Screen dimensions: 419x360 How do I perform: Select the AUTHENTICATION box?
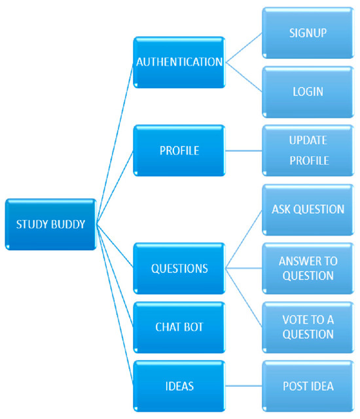[x=179, y=62]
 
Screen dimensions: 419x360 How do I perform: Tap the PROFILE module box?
[x=179, y=151]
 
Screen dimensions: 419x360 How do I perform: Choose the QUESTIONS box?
[x=179, y=268]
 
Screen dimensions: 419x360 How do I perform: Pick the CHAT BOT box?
[x=179, y=327]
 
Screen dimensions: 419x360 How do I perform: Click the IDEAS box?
[x=179, y=386]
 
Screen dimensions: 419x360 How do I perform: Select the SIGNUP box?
[x=308, y=32]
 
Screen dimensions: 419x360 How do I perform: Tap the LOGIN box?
[x=308, y=91]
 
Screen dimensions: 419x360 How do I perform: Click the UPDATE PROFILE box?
[x=308, y=151]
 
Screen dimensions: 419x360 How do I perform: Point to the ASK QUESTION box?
[x=308, y=209]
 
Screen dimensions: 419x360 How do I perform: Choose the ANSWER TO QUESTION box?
[x=308, y=268]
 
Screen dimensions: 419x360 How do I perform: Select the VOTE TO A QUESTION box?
[x=308, y=327]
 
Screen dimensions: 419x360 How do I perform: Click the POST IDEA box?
[x=308, y=386]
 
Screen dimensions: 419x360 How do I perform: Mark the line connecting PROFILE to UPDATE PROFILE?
[x=243, y=151]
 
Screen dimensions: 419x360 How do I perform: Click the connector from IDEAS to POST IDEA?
[x=243, y=386]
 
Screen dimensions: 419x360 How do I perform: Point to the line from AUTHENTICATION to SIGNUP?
[x=243, y=47]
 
